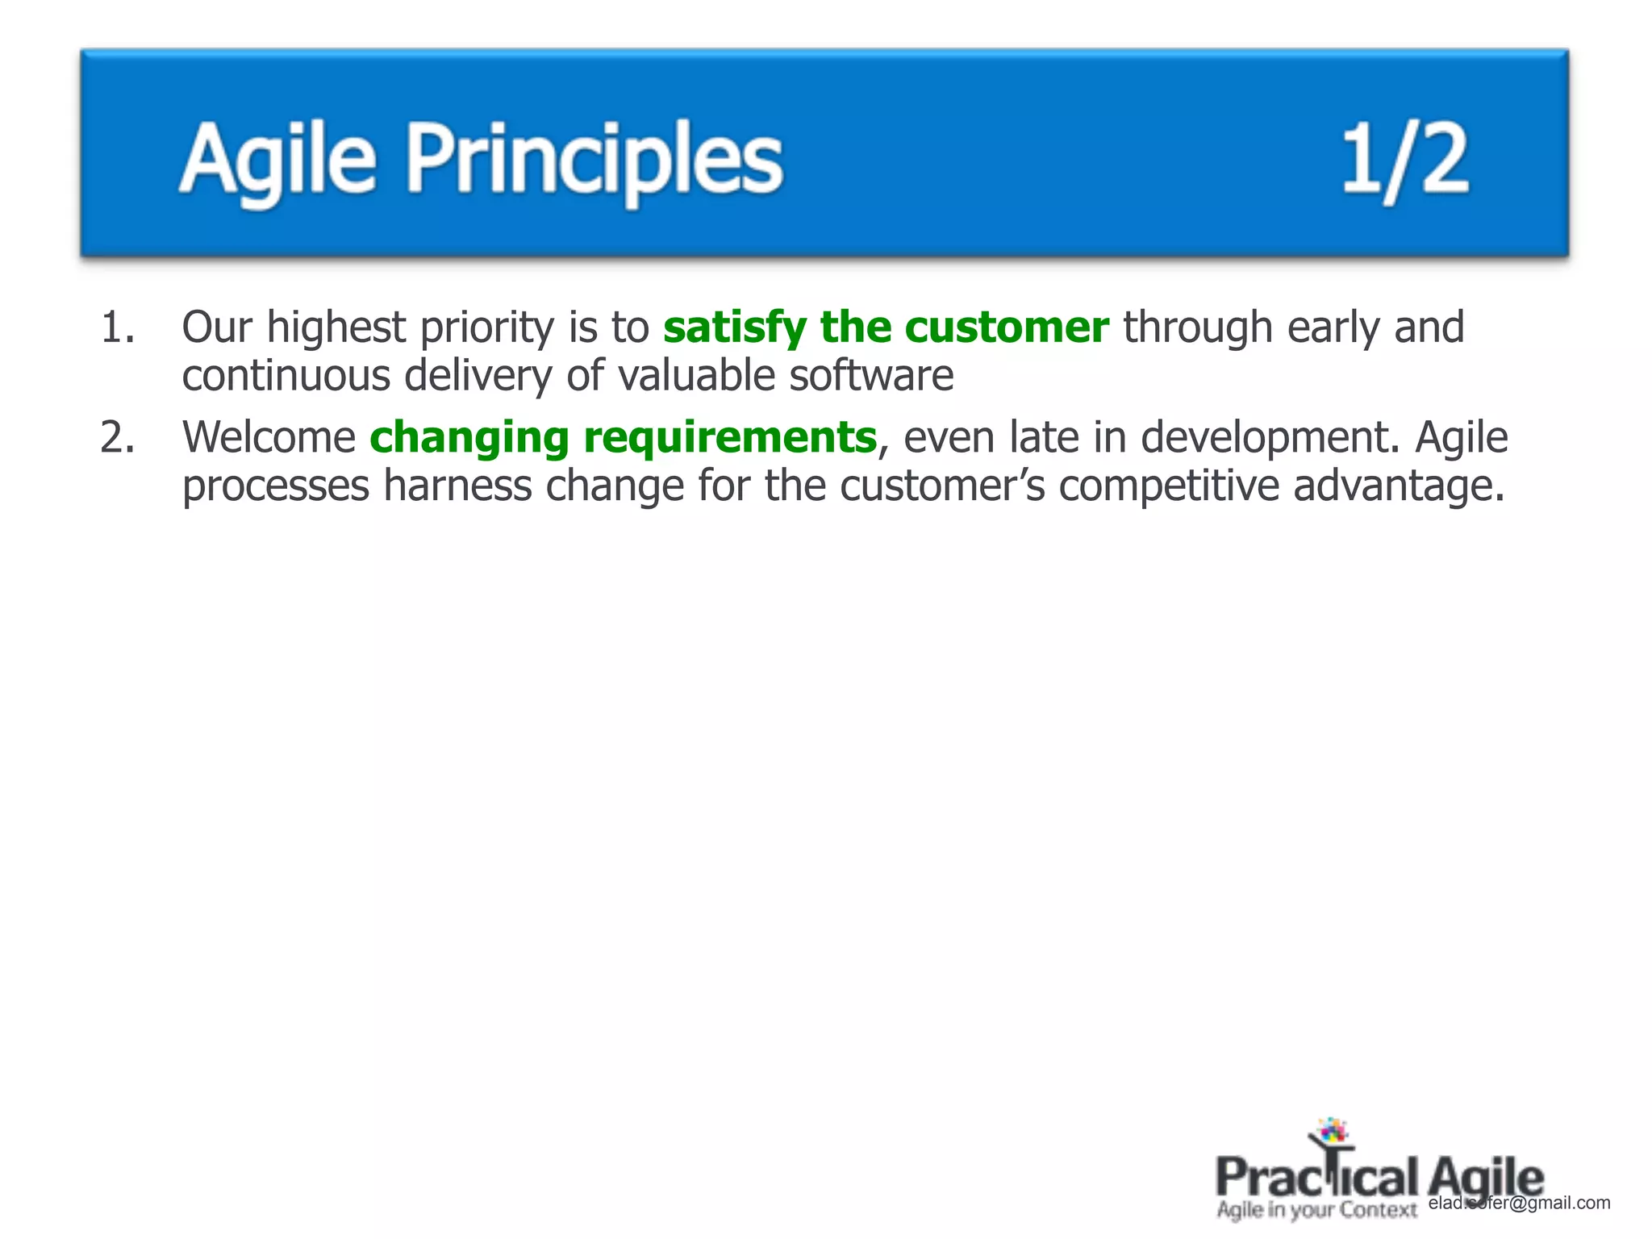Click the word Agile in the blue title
[x=277, y=159]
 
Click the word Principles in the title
[x=594, y=159]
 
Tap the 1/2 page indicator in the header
[x=1404, y=161]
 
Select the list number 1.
[x=118, y=328]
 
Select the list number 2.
[x=118, y=438]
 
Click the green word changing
[x=469, y=438]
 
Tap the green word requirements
[x=730, y=438]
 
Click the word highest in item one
[x=336, y=328]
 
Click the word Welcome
[x=269, y=438]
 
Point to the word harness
[x=457, y=486]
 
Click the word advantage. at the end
[x=1400, y=486]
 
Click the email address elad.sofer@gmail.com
[x=1519, y=1203]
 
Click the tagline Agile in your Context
[x=1316, y=1210]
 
